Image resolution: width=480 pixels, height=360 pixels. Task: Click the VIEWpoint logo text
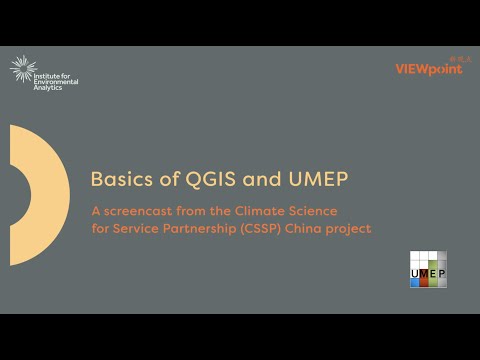coord(429,69)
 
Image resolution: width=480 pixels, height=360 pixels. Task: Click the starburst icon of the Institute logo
coord(22,69)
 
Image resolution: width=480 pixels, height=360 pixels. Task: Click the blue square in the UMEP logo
coord(415,282)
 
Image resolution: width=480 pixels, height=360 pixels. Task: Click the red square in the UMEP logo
coord(423,282)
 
